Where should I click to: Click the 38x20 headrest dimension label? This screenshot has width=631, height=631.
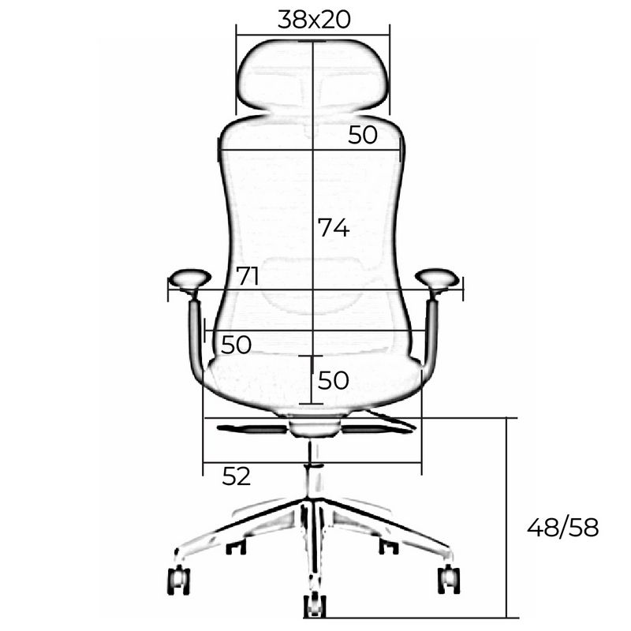click(314, 19)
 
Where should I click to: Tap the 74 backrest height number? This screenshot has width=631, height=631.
click(334, 227)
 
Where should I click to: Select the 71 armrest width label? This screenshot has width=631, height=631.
click(247, 276)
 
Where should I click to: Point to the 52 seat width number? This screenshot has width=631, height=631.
click(236, 476)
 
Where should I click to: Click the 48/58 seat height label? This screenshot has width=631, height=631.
click(562, 527)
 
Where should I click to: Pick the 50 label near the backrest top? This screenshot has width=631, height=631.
click(363, 135)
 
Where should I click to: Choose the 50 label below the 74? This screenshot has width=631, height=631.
click(333, 380)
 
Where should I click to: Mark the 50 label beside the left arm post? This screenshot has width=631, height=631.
click(236, 345)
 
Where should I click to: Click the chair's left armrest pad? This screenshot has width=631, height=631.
click(189, 279)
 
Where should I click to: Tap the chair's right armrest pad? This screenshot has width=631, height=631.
click(437, 279)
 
